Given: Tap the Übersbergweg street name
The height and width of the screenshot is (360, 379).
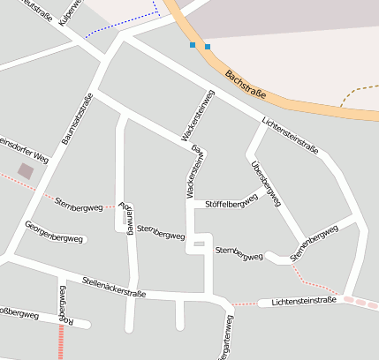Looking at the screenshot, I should point(265,184).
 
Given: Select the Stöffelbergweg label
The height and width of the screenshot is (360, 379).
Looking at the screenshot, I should point(231,204).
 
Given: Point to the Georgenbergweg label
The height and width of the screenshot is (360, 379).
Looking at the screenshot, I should point(55,237).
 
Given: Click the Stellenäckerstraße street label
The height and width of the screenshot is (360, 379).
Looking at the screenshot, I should point(113,286).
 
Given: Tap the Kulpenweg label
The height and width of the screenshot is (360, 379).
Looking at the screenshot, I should point(69,12).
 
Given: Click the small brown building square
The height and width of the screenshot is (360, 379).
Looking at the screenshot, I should point(26,169).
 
